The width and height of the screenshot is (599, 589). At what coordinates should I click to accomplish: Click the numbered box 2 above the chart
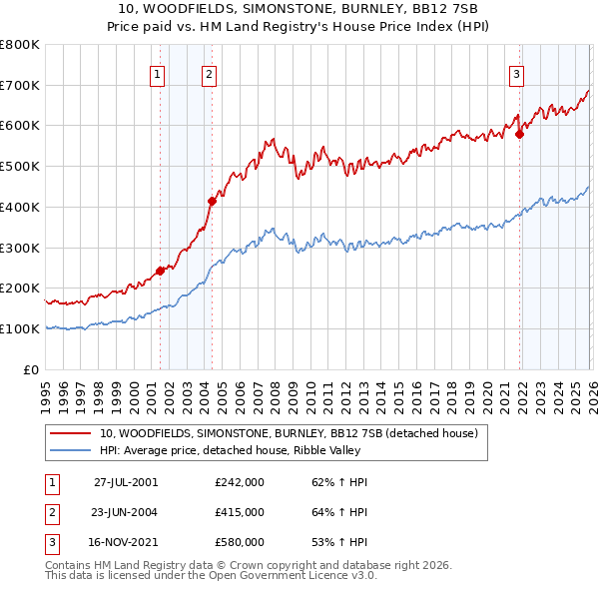(x=210, y=73)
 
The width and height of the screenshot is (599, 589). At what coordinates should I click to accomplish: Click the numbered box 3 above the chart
(x=516, y=73)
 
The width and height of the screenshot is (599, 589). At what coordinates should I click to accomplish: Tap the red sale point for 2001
(x=160, y=271)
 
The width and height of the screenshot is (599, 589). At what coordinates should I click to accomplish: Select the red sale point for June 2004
(x=212, y=201)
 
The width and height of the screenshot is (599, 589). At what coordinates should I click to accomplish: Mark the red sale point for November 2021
(x=519, y=134)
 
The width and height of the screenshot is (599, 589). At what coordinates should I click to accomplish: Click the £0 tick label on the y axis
(x=32, y=369)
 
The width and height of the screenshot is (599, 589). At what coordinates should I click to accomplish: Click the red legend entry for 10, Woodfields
(x=289, y=433)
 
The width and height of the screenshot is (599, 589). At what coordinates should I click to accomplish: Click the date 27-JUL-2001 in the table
(x=126, y=482)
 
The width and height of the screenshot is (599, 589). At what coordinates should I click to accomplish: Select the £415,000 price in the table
(x=240, y=512)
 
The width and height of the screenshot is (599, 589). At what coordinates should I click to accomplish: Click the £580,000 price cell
(x=240, y=542)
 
